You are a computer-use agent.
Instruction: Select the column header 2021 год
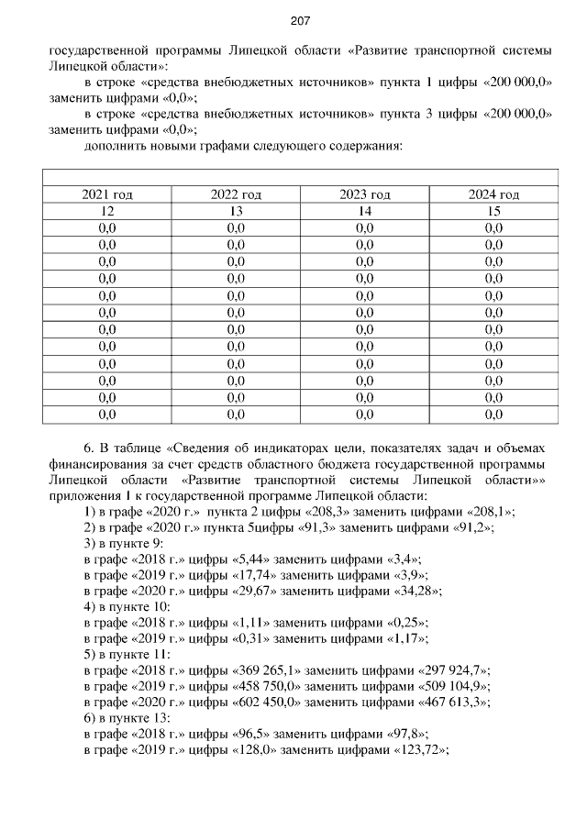107,194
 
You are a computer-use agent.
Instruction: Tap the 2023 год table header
365,194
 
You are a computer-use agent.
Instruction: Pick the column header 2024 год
493,194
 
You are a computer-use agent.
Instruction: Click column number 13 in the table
236,211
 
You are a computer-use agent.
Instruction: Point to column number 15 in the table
493,211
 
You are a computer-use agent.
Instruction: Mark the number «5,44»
250,560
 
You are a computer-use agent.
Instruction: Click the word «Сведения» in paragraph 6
201,448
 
